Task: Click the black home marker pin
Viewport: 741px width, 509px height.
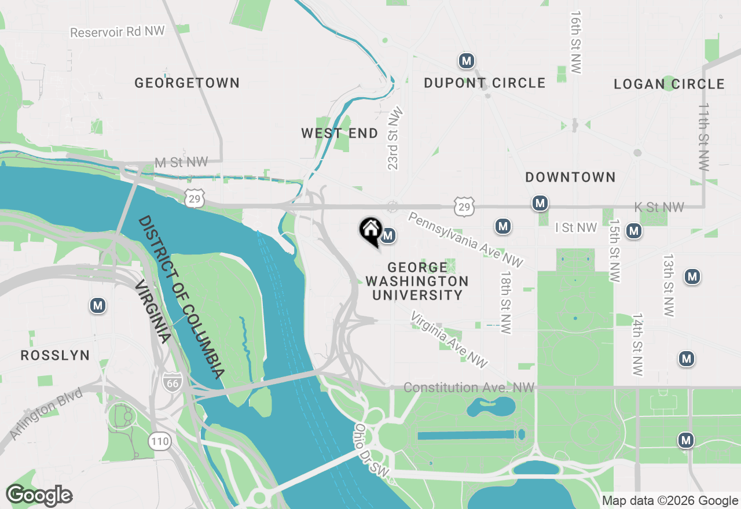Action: [x=370, y=231]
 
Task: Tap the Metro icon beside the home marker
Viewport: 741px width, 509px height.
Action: [x=388, y=235]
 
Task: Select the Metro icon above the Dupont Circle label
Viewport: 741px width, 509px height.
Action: [x=467, y=60]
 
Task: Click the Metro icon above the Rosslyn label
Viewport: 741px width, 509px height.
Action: [x=98, y=305]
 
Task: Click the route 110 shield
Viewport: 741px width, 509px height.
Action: [x=160, y=442]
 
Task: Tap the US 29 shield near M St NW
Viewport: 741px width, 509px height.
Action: [x=195, y=198]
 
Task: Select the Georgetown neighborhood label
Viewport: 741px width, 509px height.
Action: [x=187, y=83]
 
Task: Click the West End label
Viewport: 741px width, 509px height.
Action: [x=339, y=133]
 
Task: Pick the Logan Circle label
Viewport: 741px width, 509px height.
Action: [x=669, y=84]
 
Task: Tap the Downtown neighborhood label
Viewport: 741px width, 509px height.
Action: [x=570, y=177]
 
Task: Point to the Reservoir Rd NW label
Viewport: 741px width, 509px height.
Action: [x=118, y=31]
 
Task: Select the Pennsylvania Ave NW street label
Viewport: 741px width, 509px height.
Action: [x=465, y=239]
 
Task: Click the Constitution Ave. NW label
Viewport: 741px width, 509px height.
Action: [x=469, y=388]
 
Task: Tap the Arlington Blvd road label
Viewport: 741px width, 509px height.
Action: [x=46, y=415]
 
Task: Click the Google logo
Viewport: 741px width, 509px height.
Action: [x=39, y=495]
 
